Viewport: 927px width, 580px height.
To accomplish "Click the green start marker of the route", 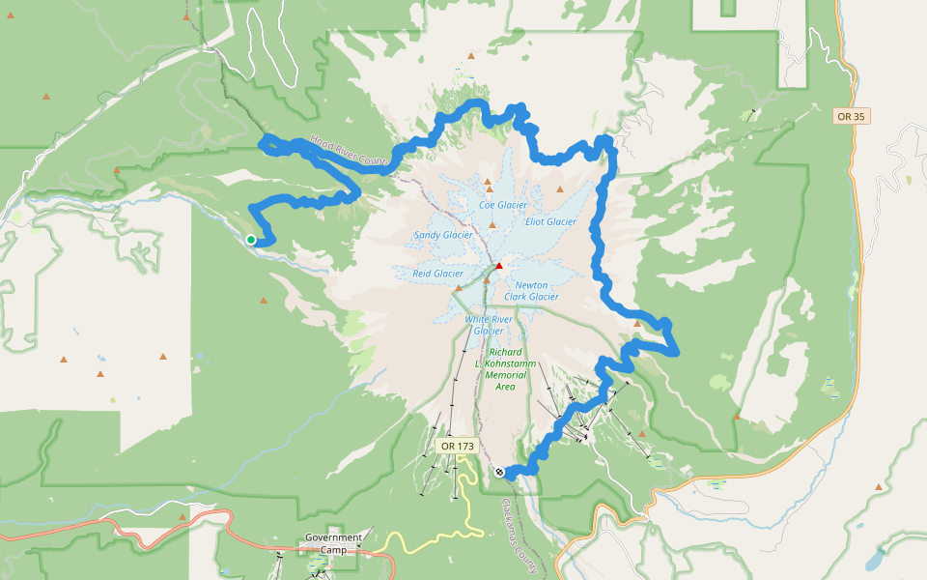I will coord(251,240).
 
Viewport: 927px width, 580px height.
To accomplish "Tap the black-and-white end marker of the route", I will coord(499,472).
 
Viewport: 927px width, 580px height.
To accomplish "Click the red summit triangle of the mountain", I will coord(499,266).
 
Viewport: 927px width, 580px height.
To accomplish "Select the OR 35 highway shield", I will coord(850,116).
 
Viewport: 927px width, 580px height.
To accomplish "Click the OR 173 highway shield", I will coord(457,446).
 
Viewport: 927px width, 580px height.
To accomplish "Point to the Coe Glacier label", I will coord(503,205).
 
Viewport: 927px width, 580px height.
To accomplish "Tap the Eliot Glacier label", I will coord(550,221).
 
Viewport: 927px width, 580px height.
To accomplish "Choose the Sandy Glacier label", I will coord(443,235).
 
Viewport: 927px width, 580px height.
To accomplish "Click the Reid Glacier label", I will coord(438,274).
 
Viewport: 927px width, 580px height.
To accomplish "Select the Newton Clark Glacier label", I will coord(531,291).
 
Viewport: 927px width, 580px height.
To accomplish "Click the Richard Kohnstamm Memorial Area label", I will coord(505,369).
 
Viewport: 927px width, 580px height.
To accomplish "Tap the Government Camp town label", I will coord(333,543).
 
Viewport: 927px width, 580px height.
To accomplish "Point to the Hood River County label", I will coord(349,150).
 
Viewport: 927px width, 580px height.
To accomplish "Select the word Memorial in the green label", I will coord(505,375).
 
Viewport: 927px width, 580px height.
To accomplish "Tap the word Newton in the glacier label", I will coord(531,285).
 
